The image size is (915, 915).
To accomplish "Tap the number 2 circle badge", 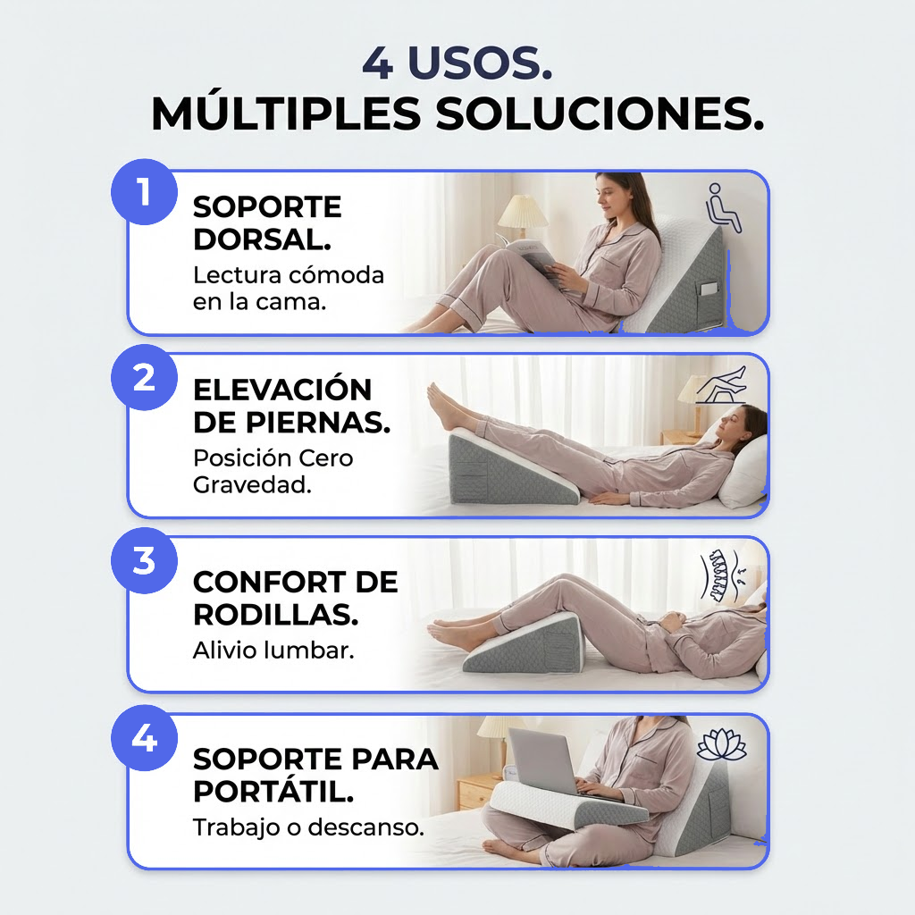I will click(x=144, y=378).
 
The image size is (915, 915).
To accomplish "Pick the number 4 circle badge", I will click(x=144, y=740).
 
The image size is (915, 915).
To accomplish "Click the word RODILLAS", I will click(x=264, y=615).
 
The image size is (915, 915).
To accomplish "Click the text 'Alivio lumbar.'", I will click(x=273, y=651).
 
